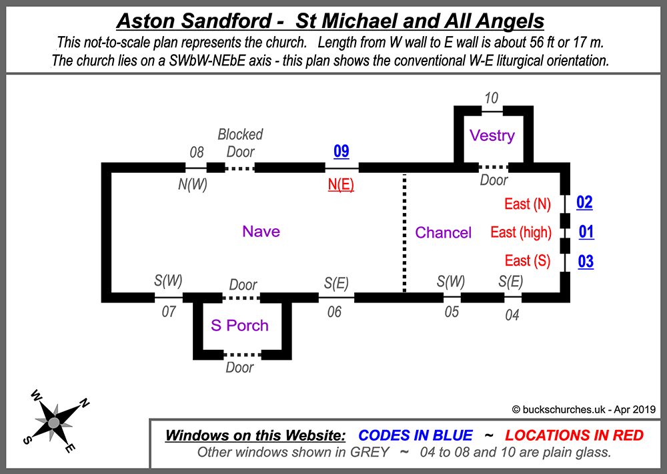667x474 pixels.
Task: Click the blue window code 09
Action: point(341,152)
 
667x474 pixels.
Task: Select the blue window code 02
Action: point(584,203)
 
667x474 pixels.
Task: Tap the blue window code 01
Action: point(586,232)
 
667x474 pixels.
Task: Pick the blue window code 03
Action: point(585,261)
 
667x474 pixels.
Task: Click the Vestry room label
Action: point(492,136)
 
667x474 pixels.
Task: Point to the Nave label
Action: point(261,232)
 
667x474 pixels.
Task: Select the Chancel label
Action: point(444,233)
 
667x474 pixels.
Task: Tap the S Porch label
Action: point(239,326)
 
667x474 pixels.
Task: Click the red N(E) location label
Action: point(340,185)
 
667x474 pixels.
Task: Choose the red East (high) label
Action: point(521,232)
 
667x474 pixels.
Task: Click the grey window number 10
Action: point(491,98)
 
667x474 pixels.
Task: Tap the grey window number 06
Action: point(334,312)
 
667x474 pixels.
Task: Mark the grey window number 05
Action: point(452,312)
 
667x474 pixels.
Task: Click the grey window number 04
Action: point(512,315)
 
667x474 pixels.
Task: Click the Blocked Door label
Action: point(240,143)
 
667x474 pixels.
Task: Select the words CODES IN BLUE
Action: point(416,436)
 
